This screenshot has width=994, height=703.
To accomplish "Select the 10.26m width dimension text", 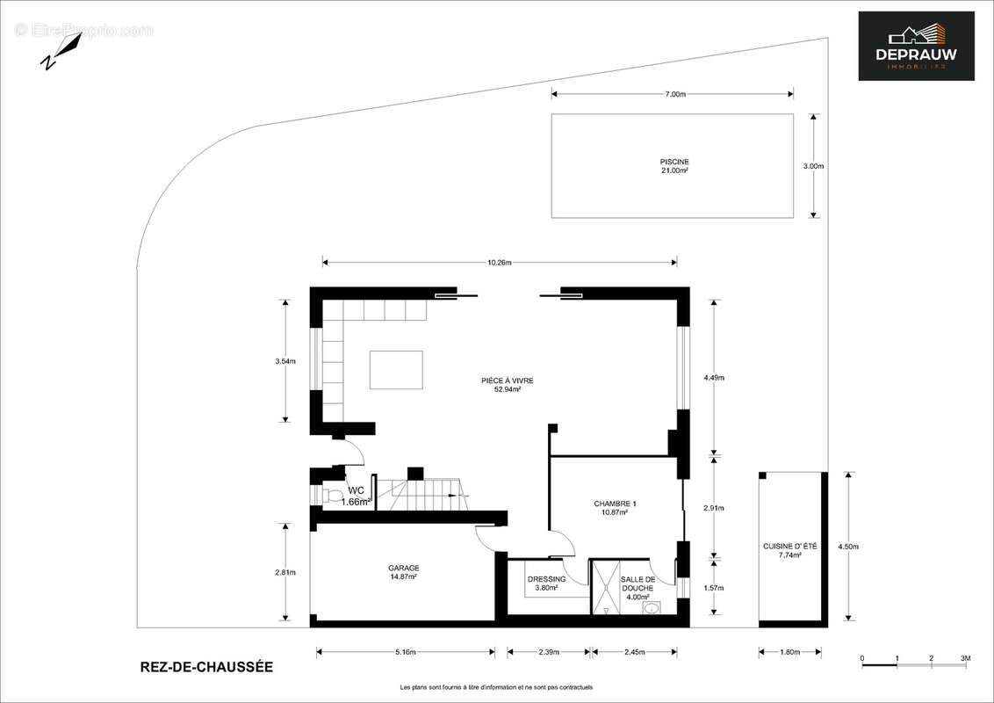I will (499, 262).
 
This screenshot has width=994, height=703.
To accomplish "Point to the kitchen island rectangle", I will (396, 369).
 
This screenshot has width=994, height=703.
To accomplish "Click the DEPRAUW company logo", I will (916, 46).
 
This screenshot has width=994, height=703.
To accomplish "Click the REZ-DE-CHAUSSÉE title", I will (206, 667).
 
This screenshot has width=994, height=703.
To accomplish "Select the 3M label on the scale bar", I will (965, 658).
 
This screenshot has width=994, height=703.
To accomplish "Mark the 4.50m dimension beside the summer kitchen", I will (848, 547).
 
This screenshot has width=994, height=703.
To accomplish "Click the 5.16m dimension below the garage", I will (406, 652).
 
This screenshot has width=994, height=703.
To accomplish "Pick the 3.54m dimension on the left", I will (285, 361).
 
